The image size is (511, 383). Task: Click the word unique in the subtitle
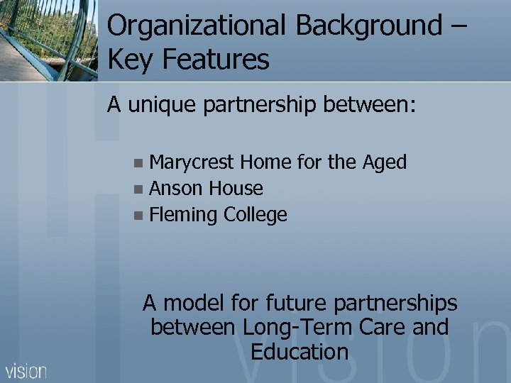(165, 106)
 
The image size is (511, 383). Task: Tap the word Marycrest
(192, 162)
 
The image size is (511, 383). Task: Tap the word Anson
(177, 189)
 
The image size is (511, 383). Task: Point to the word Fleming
(184, 215)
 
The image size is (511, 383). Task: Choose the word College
(255, 215)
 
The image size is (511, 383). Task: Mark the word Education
(300, 352)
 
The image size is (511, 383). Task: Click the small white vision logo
(26, 370)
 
